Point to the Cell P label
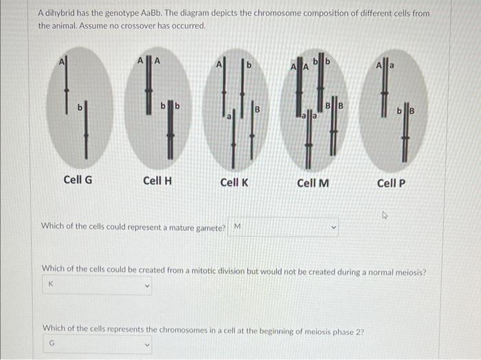(x=391, y=182)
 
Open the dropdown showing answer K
(x=98, y=284)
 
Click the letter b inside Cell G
(x=79, y=107)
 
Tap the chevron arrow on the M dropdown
(x=335, y=227)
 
